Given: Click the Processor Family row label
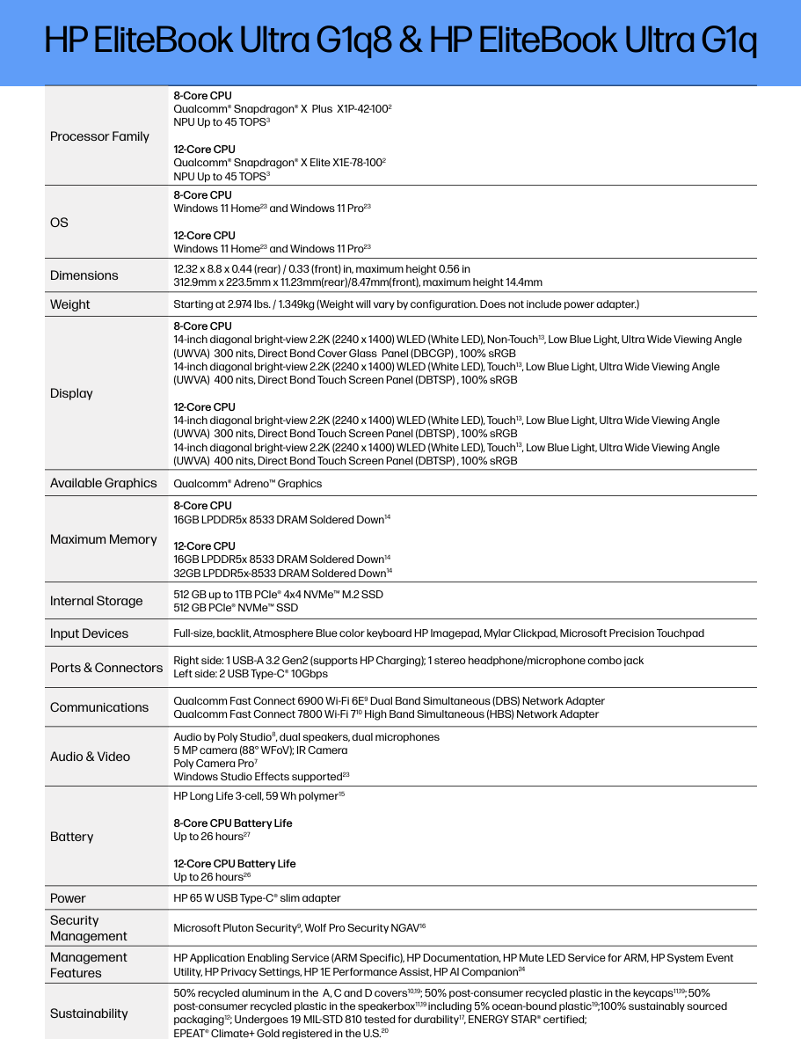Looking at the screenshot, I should click(x=99, y=136).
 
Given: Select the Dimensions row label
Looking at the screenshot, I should click(x=84, y=275).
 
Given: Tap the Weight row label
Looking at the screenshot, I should click(x=69, y=304).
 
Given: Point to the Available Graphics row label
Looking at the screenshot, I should click(x=103, y=483).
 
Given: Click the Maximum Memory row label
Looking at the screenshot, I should click(x=103, y=539).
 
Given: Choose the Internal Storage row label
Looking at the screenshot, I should click(x=96, y=601).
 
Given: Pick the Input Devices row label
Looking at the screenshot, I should click(x=89, y=633).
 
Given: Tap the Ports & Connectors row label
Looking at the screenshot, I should click(x=106, y=668).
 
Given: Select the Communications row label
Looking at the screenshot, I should click(x=99, y=707).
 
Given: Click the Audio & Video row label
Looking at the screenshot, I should click(x=90, y=757).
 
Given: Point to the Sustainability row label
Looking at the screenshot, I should click(x=89, y=1013).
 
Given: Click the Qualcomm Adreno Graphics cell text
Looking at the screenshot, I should click(x=248, y=484).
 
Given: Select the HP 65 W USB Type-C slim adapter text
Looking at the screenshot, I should click(x=257, y=898).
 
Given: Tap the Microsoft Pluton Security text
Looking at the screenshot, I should click(x=236, y=927).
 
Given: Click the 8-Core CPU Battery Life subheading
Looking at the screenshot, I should click(x=233, y=823).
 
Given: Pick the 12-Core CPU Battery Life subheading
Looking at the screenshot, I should click(x=235, y=864).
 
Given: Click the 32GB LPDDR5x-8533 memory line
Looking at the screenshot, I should click(x=281, y=573).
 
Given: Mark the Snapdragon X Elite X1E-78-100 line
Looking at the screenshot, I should click(x=280, y=163).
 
